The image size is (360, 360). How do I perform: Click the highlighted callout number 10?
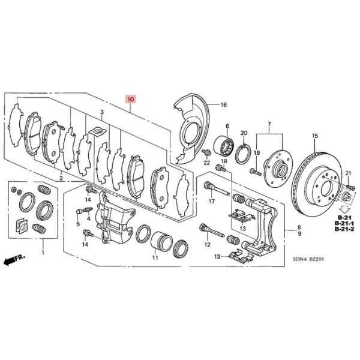(x=131, y=97)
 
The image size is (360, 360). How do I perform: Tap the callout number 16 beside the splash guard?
(x=223, y=105)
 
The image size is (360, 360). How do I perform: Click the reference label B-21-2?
(x=344, y=230)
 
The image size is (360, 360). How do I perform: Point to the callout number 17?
(x=211, y=202)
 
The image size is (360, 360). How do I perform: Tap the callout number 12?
(x=207, y=245)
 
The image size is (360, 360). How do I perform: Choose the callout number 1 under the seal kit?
(x=43, y=254)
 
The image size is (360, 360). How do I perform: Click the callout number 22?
(x=205, y=163)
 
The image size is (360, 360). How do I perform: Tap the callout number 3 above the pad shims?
(x=102, y=112)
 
